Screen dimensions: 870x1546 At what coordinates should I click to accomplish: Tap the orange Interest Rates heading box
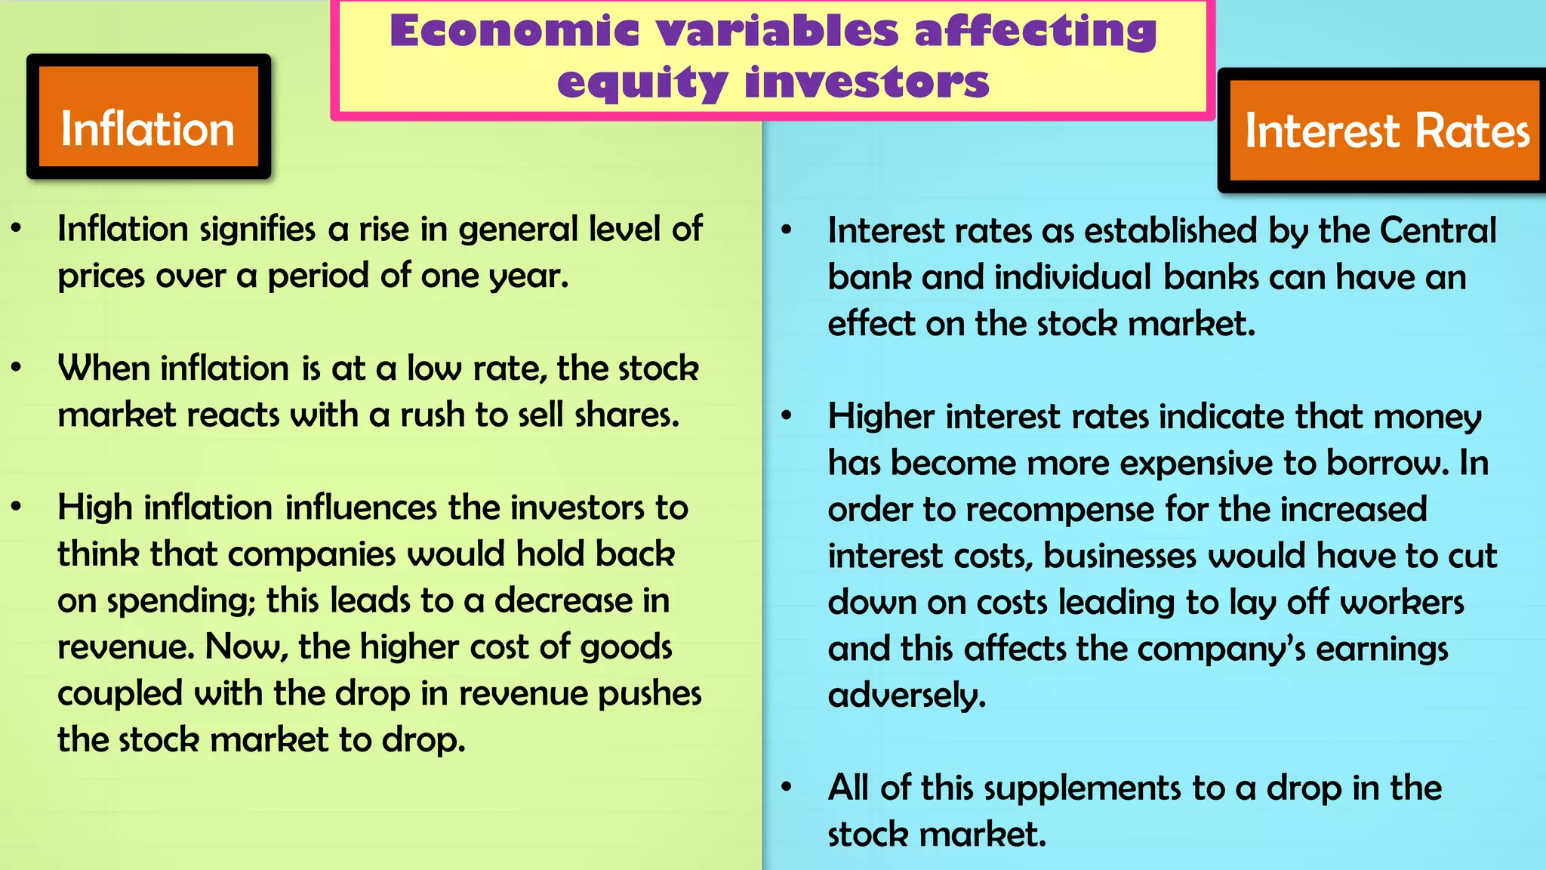point(1385,131)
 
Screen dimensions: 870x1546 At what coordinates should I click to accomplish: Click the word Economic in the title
point(514,32)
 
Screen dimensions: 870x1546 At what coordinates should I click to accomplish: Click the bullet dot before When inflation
point(17,368)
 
